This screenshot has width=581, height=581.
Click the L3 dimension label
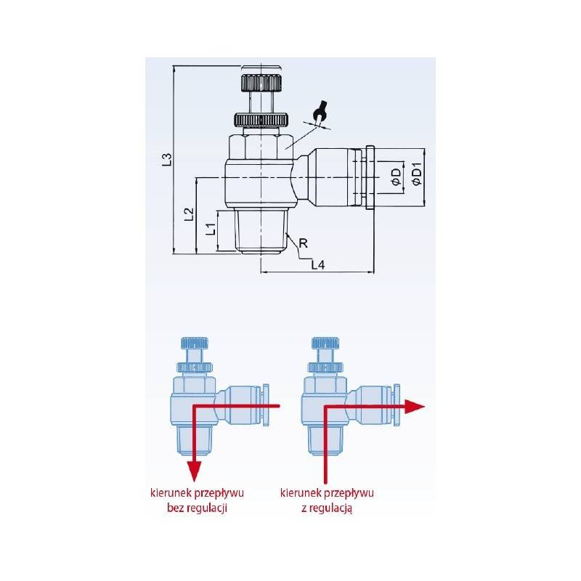click(x=166, y=159)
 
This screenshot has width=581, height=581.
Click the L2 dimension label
click(x=189, y=213)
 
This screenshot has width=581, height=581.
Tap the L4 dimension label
click(x=317, y=265)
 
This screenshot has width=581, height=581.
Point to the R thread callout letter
click(x=304, y=243)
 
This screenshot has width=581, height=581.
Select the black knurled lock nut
click(x=261, y=119)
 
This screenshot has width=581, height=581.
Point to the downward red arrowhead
click(x=194, y=471)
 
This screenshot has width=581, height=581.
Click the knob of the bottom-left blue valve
click(x=193, y=343)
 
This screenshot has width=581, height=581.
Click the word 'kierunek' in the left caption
click(x=164, y=494)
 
